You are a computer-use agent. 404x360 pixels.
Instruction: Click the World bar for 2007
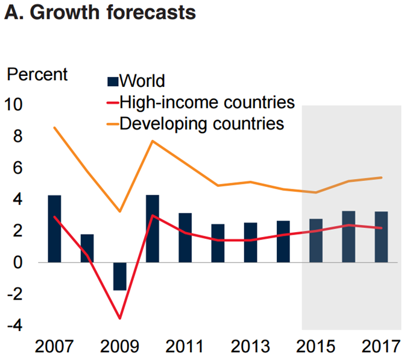pos(54,229)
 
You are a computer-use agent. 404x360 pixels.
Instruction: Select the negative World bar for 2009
pos(120,276)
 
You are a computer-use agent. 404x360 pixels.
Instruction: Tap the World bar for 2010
pos(153,229)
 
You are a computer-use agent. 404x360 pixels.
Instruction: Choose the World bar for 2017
pos(381,237)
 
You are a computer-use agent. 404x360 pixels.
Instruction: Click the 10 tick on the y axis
pos(14,105)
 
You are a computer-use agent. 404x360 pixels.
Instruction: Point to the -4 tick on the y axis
pos(14,326)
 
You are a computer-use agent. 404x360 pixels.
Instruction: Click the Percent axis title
pos(37,75)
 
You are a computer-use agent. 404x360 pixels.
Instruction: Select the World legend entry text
pos(142,80)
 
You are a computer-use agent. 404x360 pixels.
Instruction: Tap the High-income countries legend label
pos(207,101)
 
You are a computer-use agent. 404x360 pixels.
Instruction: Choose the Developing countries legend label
pos(201,123)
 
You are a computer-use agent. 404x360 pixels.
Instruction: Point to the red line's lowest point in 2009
pos(120,318)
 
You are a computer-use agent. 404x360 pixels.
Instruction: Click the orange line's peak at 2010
pos(153,141)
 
